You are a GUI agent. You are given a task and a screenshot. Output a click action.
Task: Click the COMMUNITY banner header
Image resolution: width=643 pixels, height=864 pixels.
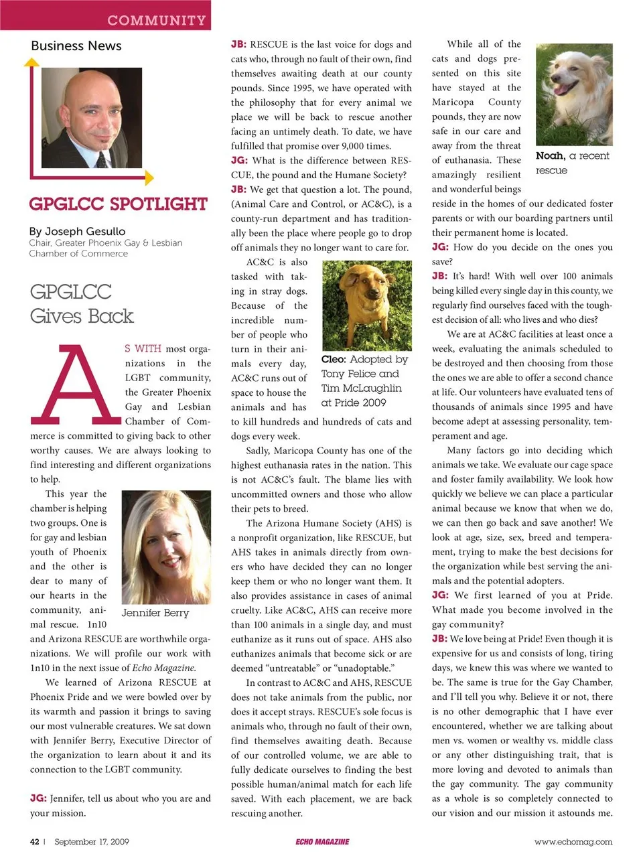point(156,20)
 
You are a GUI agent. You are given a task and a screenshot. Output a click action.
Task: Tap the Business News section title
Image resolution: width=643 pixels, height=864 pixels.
point(76,46)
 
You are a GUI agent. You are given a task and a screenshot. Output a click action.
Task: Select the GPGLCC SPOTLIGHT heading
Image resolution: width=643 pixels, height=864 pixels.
point(118,204)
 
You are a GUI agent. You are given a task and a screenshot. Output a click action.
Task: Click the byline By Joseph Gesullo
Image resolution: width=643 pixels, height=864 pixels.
point(77,231)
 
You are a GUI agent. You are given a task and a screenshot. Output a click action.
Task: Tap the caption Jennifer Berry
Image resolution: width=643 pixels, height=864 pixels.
point(155,612)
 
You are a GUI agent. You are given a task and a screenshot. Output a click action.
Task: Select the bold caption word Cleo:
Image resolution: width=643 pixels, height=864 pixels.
point(333,360)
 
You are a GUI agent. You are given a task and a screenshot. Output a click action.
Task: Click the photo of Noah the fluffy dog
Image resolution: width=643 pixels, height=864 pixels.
point(574,94)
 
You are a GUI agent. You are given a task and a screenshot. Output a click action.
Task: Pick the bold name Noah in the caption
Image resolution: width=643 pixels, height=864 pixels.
point(550,155)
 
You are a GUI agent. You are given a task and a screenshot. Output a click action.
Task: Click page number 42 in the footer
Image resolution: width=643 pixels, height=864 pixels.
point(34,841)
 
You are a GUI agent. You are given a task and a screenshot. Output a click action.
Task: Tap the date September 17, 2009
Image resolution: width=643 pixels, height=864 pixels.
point(92,841)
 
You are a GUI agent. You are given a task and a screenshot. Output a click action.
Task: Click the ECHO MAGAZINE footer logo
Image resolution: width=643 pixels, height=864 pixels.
point(322,841)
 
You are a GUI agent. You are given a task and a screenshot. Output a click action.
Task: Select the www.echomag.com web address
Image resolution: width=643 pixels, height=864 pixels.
point(573,841)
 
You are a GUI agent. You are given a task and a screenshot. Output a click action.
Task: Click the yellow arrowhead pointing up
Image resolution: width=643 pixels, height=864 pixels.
point(31,62)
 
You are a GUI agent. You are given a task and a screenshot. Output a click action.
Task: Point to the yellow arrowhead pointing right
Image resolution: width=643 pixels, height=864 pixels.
point(149,177)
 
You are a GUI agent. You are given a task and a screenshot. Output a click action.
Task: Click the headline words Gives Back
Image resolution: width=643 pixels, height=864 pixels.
point(82,316)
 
